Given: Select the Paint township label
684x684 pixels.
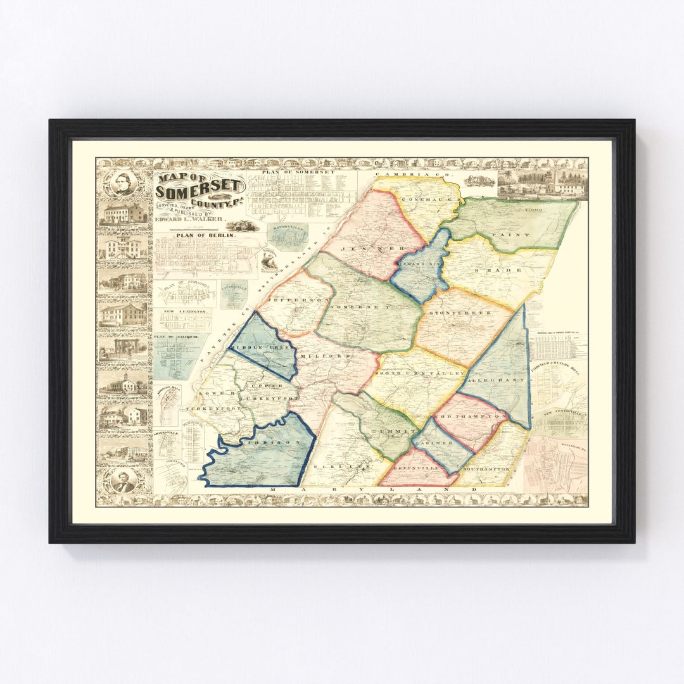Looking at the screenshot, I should tap(519, 235).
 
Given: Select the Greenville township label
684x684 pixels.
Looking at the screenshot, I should tap(412, 469).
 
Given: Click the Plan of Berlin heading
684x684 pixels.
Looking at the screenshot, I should tap(196, 235).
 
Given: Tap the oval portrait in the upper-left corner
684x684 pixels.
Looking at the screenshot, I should tap(123, 184).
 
